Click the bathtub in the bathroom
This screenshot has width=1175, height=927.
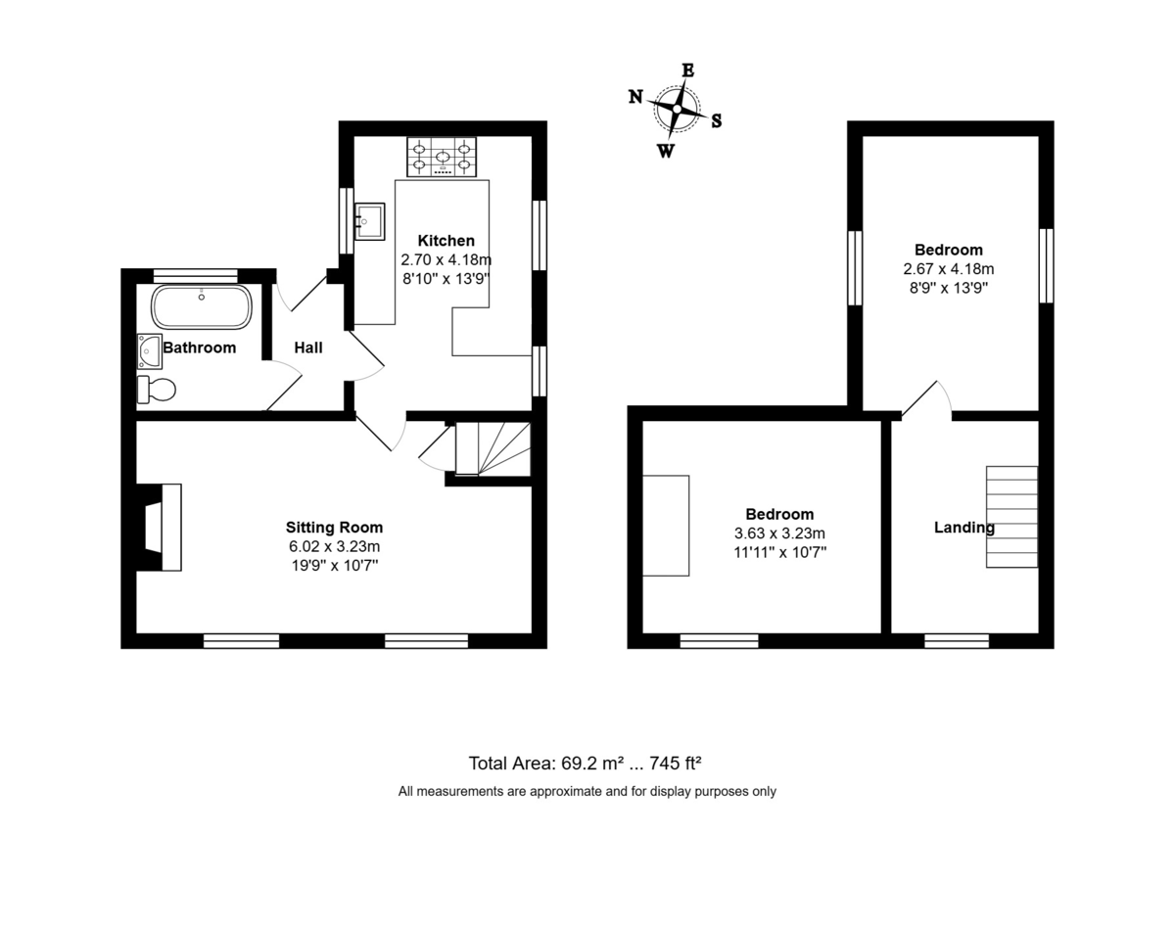pos(202,306)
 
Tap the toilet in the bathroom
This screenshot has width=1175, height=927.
pos(156,389)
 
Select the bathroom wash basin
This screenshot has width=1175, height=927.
pos(149,351)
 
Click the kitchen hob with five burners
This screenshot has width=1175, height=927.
pos(442,157)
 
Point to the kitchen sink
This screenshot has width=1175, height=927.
pos(370,221)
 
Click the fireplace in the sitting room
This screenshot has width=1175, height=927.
pos(159,528)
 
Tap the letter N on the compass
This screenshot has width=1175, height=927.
pos(635,97)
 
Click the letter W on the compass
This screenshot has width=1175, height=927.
pos(666,150)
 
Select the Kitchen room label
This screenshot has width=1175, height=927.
pos(446,240)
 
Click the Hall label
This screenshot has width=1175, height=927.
pos(308,348)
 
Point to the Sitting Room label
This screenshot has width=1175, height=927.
pos(334,528)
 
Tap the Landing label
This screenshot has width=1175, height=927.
pos(964,528)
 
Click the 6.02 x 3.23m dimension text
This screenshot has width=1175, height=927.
pos(334,546)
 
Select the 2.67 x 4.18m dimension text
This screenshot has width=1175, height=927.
pos(949,269)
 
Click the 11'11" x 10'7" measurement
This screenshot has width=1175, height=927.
pos(779,552)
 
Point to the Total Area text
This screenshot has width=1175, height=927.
pos(585,764)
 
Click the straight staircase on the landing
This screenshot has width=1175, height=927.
pos(1011,517)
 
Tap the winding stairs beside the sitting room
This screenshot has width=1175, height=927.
pos(493,448)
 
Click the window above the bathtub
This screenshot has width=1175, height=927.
pos(196,276)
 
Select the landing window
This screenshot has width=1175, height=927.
pos(957,641)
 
